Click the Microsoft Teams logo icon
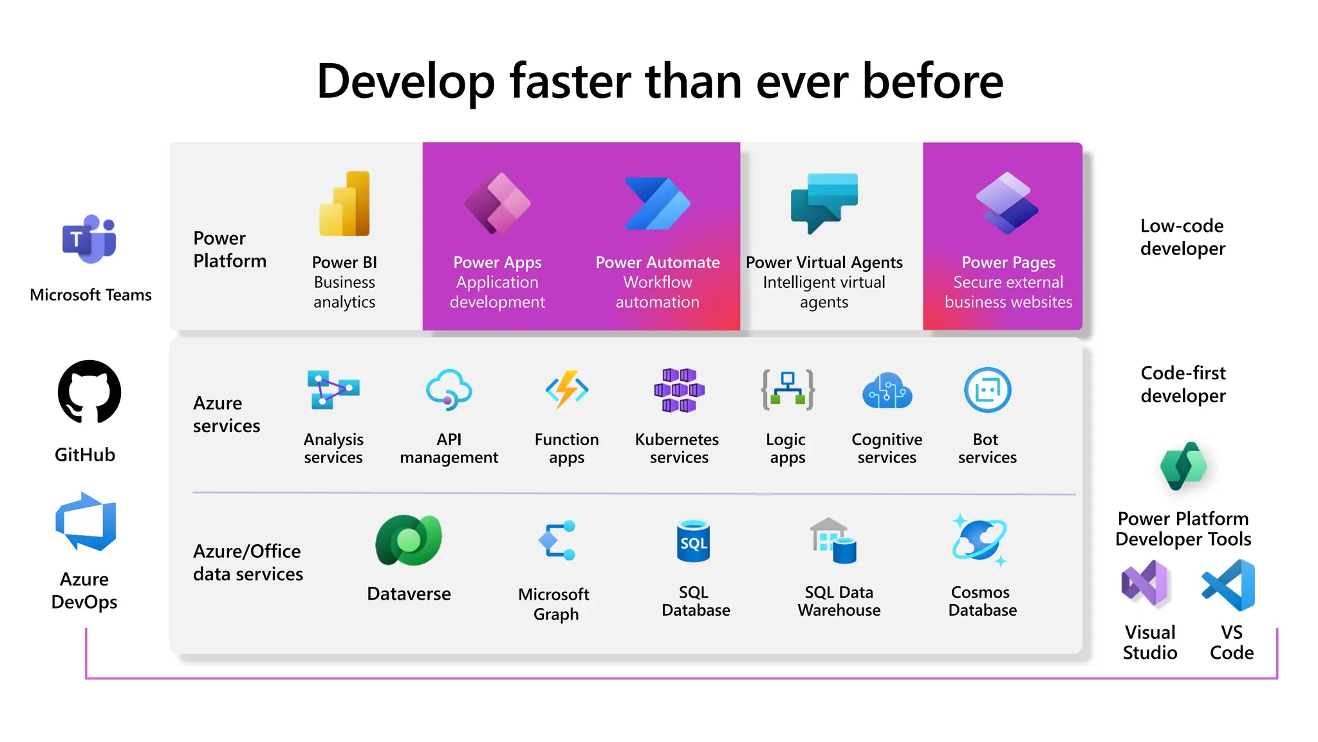89,239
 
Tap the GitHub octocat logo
89,392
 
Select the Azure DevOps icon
86,522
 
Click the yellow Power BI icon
345,204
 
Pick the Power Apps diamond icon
497,204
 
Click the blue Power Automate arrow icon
657,204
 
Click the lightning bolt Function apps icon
567,389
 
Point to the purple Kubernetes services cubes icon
679,390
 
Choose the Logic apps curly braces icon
788,390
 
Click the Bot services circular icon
987,390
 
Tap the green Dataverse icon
409,540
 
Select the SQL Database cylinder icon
694,541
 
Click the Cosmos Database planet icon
980,540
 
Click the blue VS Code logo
1229,585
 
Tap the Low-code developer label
1182,237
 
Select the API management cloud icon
449,389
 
